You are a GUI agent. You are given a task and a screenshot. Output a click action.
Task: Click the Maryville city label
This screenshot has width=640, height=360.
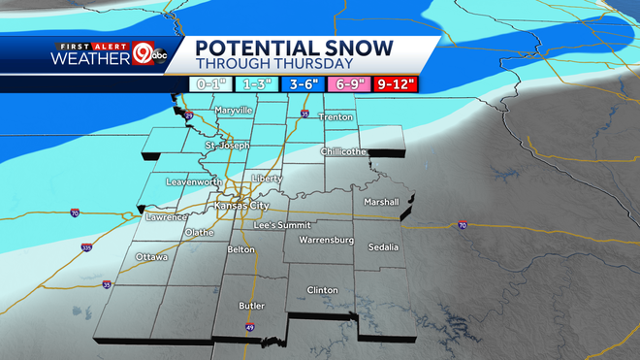pos(234,111)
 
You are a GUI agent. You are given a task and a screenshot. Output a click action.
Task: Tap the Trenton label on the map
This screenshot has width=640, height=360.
pos(336,117)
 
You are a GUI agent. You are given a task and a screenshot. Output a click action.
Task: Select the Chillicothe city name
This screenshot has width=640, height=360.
pos(343,152)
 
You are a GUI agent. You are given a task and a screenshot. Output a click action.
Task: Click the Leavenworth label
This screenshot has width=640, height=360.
pos(195,181)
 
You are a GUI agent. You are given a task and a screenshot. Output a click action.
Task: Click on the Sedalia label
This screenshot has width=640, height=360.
pos(384,247)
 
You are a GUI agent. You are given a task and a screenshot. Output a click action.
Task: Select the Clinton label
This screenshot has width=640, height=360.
pos(322,290)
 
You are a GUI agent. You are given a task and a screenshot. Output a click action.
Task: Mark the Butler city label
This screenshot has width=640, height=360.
pos(251,306)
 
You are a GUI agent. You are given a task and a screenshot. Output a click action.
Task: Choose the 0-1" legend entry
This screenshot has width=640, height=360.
pos(208,84)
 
